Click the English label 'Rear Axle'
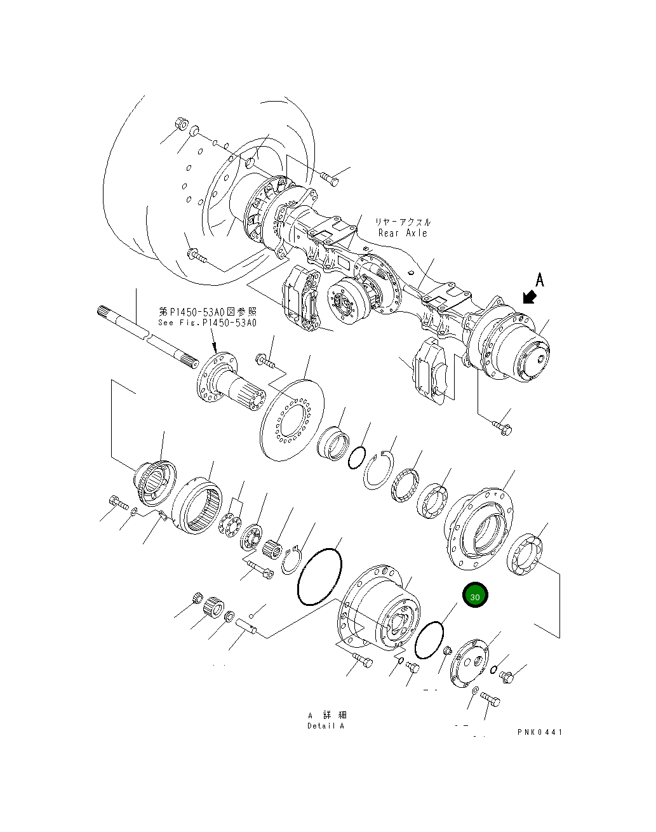pos(403,233)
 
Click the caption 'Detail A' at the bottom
pos(325,726)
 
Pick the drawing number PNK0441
pos(539,732)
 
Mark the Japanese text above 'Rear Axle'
pos(402,222)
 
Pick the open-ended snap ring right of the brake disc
pos(379,471)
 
